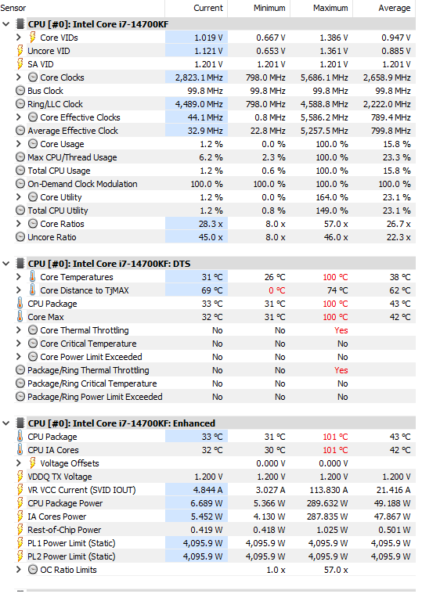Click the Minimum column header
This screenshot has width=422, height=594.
pyautogui.click(x=269, y=8)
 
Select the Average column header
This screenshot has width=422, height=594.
pyautogui.click(x=395, y=8)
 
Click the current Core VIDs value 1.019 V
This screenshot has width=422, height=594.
pyautogui.click(x=208, y=38)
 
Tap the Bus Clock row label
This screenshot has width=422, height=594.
pyautogui.click(x=45, y=91)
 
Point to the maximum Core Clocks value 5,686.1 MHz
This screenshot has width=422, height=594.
pyautogui.click(x=324, y=77)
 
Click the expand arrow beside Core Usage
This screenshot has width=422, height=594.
pyautogui.click(x=19, y=143)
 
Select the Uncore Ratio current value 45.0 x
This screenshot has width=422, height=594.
pyautogui.click(x=211, y=237)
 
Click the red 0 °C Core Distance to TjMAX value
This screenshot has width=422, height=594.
pyautogui.click(x=277, y=290)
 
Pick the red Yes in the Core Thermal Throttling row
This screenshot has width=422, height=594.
pyautogui.click(x=341, y=330)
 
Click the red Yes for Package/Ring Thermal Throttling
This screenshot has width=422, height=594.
pyautogui.click(x=341, y=370)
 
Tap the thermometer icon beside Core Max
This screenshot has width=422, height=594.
pyautogui.click(x=20, y=317)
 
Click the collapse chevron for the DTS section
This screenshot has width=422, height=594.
pyautogui.click(x=6, y=264)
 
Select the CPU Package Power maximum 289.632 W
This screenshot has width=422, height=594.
pyautogui.click(x=329, y=503)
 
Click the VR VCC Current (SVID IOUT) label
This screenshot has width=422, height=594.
pyautogui.click(x=81, y=490)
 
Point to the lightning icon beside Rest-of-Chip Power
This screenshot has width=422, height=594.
pyautogui.click(x=20, y=530)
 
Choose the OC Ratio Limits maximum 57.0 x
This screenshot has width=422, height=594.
pyautogui.click(x=336, y=570)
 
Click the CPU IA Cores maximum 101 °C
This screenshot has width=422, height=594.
pyautogui.click(x=335, y=450)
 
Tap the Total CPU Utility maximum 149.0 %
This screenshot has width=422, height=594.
pyautogui.click(x=332, y=211)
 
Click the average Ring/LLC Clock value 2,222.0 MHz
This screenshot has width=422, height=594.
pyautogui.click(x=387, y=104)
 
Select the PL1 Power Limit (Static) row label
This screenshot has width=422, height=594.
pyautogui.click(x=71, y=543)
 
